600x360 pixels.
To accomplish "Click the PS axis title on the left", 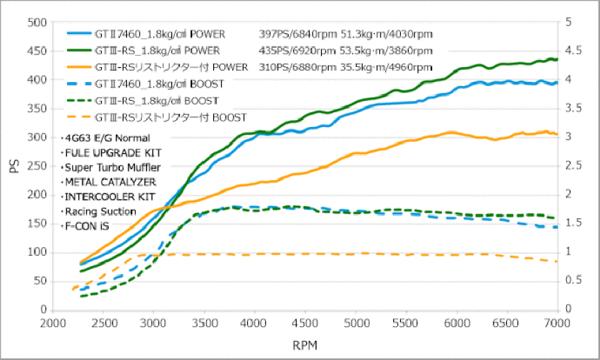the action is coord(15,167).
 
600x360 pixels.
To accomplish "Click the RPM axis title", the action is coord(305,345).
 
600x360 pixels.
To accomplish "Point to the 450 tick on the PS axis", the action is coord(37,52).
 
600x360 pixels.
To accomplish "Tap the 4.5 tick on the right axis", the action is coord(574,51).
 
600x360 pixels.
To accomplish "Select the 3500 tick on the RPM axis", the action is coord(204,323).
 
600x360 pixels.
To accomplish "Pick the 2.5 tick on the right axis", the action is coord(574,166).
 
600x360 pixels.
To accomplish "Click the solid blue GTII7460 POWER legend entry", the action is coord(146,34).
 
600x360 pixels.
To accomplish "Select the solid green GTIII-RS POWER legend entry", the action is coord(143,51).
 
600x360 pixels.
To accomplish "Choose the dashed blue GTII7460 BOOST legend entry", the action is coord(146,84).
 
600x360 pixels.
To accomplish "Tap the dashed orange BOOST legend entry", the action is coord(157,117).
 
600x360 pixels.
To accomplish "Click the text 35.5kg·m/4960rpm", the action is coord(386,67).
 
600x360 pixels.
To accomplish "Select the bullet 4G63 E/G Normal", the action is coord(106,138).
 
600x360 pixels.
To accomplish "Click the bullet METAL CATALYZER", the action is coord(109,182).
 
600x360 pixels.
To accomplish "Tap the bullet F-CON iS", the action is coord(85,226).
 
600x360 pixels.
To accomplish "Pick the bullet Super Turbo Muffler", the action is coord(111,167).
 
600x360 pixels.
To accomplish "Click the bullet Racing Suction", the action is coord(99,212).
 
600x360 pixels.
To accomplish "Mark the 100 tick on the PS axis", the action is coord(37,253).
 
